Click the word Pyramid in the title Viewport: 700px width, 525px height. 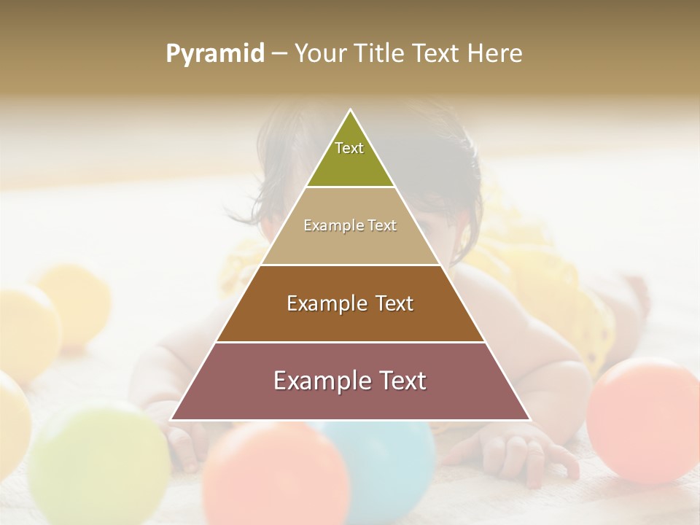point(215,54)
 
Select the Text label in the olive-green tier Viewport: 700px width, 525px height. point(349,149)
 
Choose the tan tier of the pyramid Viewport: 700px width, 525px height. point(292,244)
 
